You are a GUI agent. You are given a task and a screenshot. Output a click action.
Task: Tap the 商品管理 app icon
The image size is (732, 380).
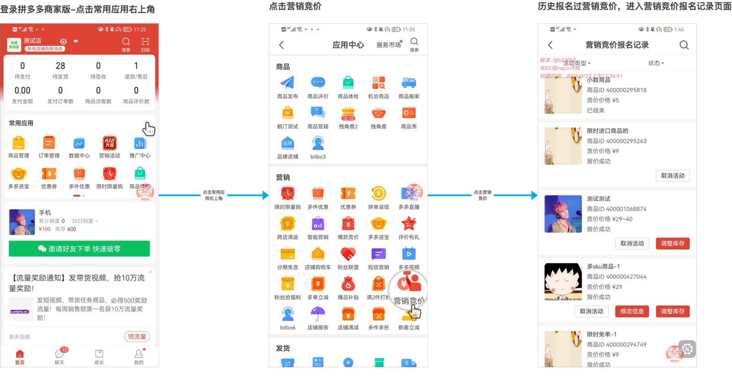pos(18,144)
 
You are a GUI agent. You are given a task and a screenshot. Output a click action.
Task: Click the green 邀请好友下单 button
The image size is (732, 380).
pos(79,249)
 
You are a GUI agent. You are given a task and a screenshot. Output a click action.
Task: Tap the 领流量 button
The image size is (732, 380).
pos(137,337)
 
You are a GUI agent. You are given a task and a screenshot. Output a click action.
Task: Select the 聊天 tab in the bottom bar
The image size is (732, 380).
pos(59,356)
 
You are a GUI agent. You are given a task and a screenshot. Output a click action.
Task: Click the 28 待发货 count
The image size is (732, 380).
pos(60,70)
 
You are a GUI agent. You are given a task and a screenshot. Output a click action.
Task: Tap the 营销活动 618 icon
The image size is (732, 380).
pos(109,144)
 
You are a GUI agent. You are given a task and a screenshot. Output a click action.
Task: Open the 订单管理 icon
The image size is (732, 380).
pos(49,144)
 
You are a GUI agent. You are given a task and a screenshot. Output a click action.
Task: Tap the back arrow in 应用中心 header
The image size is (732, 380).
pos(281,45)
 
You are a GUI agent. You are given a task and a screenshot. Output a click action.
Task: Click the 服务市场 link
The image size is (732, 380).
pos(388,45)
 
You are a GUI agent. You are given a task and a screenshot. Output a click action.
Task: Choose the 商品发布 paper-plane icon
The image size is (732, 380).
pos(287,83)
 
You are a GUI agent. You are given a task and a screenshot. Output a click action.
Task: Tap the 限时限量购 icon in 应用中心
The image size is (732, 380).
pos(287,194)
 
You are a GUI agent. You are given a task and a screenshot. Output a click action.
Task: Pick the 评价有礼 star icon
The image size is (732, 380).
pos(409,224)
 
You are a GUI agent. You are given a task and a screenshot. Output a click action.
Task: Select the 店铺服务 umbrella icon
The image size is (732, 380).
pos(318,315)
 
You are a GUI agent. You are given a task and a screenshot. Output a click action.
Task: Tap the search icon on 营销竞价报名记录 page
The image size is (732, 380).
pos(684,45)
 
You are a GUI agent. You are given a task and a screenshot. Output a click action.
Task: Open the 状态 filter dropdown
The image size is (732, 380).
pos(656,63)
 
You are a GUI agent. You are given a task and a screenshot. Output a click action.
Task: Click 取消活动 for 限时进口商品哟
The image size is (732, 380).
pos(673,176)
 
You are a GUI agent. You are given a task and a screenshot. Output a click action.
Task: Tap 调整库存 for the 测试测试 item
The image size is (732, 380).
pos(673,244)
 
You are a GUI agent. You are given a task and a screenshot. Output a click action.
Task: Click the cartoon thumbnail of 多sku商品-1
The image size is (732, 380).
pos(563,281)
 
